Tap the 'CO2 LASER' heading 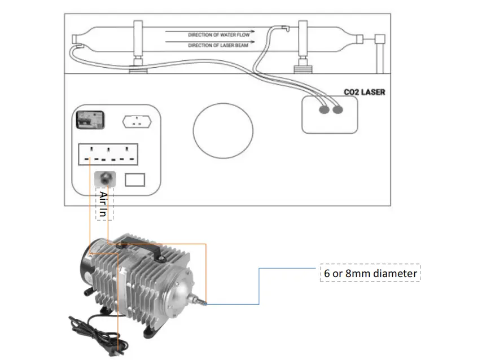[364, 91]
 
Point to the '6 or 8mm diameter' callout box [370, 274]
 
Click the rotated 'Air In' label [103, 204]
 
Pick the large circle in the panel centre [222, 131]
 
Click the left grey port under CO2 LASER [324, 109]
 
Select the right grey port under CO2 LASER [338, 109]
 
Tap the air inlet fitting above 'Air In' [105, 177]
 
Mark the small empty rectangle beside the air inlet [135, 180]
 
